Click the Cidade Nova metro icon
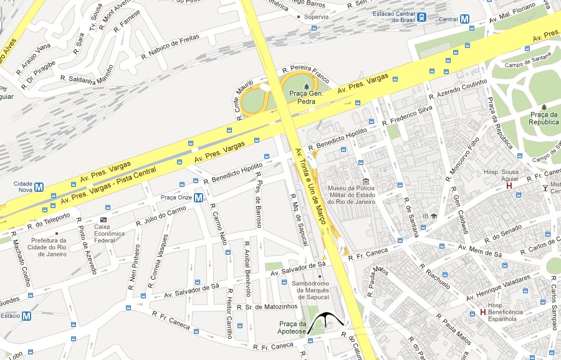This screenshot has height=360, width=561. coord(39,186)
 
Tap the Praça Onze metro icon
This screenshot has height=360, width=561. coord(198,198)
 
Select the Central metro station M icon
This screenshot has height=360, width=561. coord(464,19)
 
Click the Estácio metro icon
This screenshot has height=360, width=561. coord(26,316)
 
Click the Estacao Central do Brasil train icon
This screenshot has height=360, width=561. coord(422,17)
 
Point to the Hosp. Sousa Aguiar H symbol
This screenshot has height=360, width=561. coord(509,185)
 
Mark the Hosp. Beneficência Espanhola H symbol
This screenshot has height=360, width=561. coord(482,312)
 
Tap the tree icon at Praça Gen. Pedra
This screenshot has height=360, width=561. coord(305,85)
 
